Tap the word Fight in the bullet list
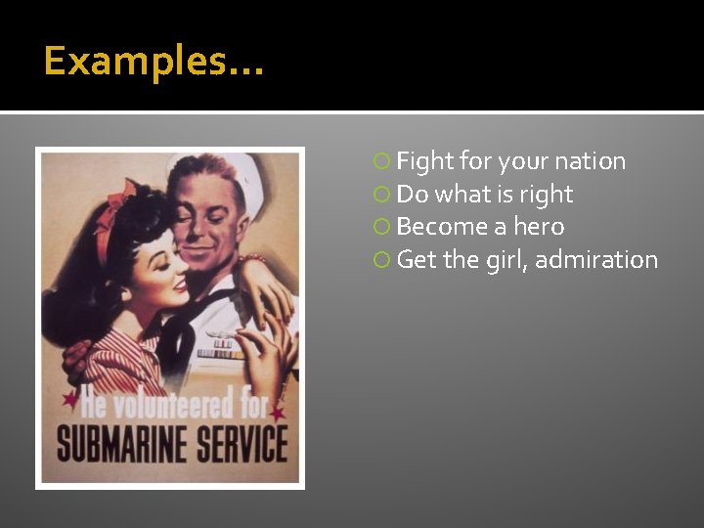[x=425, y=161]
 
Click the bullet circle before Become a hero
[x=382, y=228]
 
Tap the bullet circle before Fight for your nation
[x=382, y=162]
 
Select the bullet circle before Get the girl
[x=382, y=261]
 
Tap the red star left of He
[x=69, y=400]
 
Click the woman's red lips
[x=178, y=286]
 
